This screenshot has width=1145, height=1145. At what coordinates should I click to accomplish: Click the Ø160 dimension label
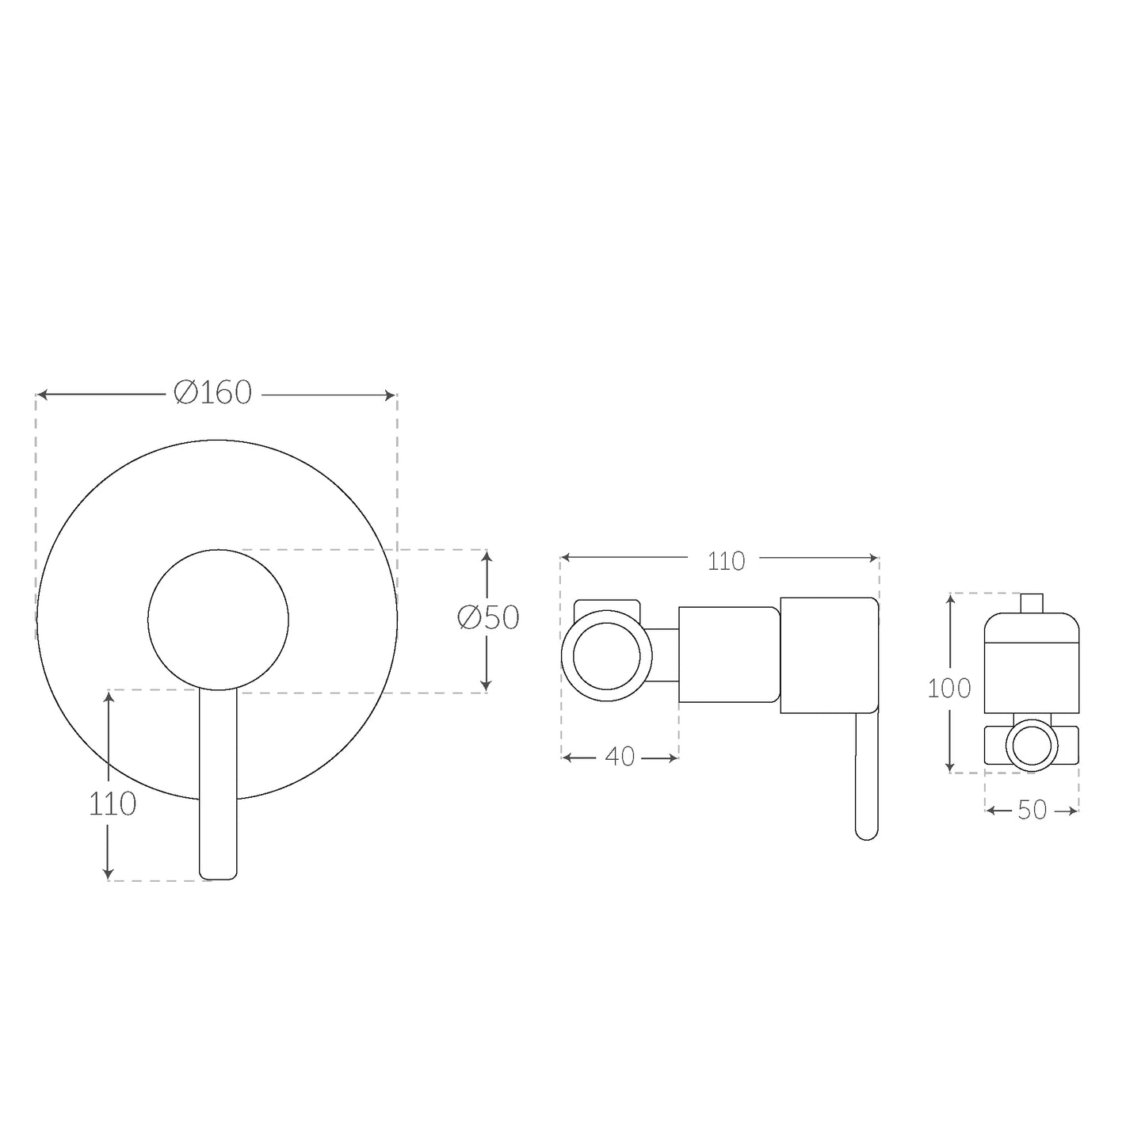(x=212, y=393)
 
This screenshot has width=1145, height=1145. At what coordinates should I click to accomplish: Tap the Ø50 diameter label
(x=488, y=618)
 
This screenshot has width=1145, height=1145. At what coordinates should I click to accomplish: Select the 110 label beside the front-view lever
(x=113, y=804)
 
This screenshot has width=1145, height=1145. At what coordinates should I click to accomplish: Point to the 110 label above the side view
(x=726, y=562)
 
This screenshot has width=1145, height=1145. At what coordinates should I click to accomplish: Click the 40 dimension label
(x=620, y=757)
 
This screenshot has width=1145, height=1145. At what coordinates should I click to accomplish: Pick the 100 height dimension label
(x=949, y=688)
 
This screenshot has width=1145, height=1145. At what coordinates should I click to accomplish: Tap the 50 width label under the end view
(x=1032, y=810)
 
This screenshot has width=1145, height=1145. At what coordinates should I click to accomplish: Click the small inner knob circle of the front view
(x=218, y=549)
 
